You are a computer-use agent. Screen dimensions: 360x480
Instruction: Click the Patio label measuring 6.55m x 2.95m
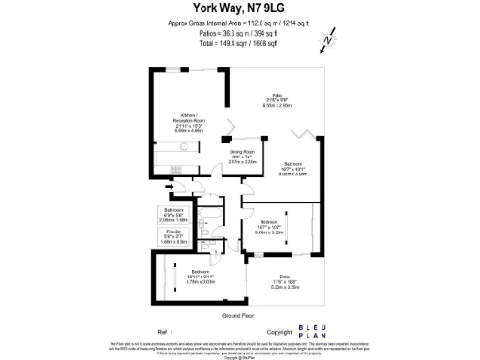tap(277, 100)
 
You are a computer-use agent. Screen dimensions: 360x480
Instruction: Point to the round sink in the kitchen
tap(184, 145)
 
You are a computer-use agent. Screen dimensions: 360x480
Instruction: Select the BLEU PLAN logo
tap(320, 332)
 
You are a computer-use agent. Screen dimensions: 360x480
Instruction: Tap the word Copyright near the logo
tap(279, 332)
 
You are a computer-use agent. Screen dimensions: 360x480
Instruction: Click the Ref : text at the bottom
tap(164, 331)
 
